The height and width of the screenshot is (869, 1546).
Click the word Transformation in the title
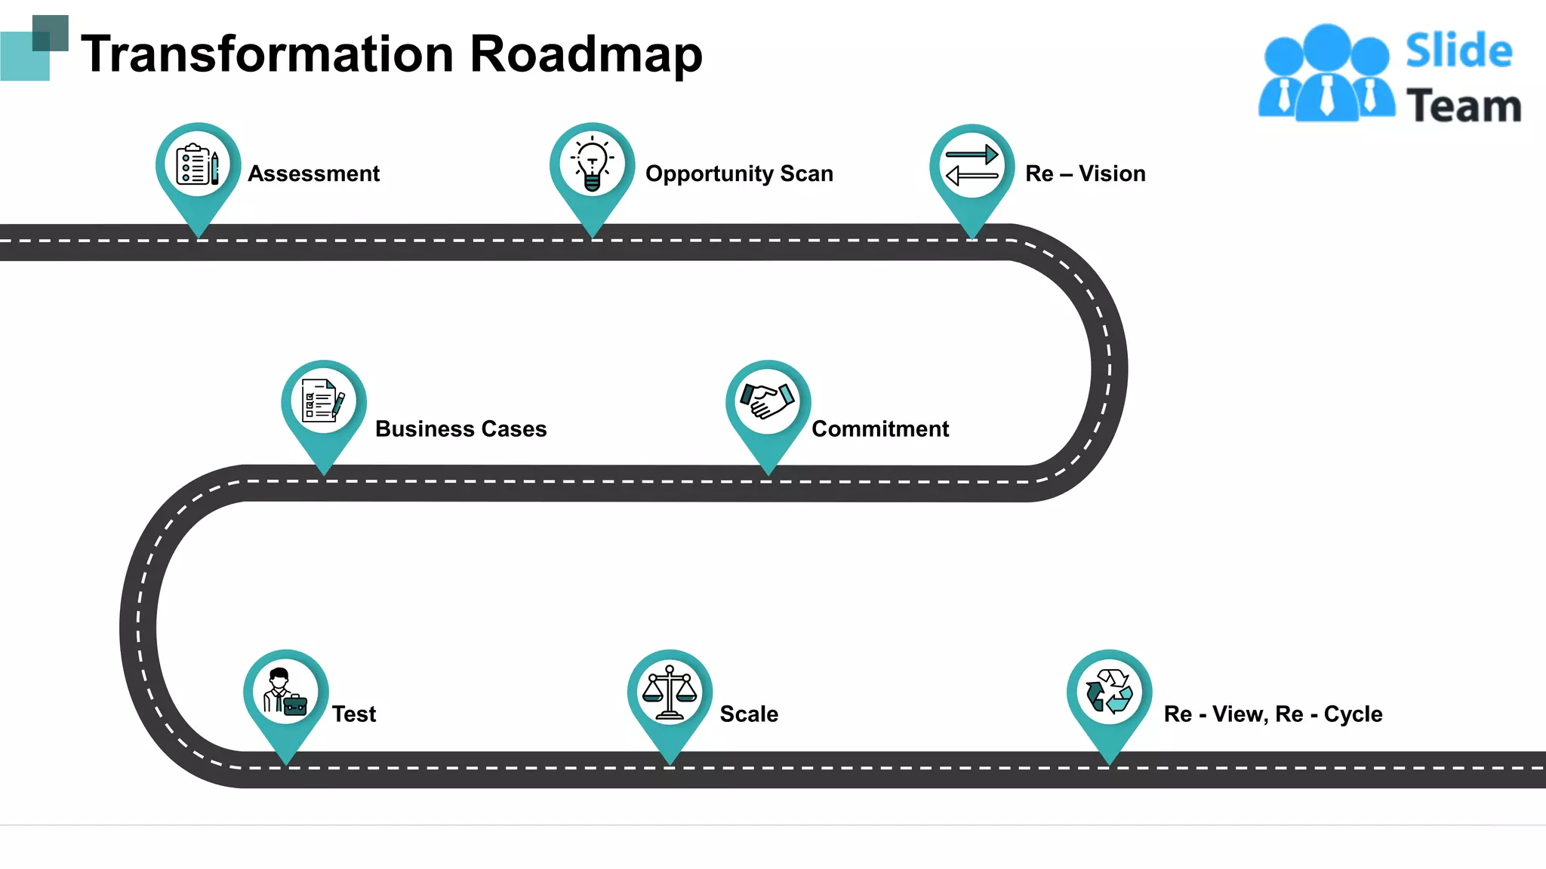tap(267, 54)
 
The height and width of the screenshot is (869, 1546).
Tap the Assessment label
tap(313, 173)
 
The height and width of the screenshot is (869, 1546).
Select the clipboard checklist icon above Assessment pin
tap(198, 164)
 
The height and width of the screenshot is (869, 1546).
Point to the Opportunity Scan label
tap(739, 173)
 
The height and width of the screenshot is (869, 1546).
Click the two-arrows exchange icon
tap(972, 165)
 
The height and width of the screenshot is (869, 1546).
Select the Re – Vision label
tap(1085, 173)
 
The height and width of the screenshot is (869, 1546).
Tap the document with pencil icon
tap(323, 401)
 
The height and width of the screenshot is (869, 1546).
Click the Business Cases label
tap(460, 428)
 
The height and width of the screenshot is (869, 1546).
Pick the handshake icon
tap(768, 401)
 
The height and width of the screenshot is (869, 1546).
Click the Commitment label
tap(880, 428)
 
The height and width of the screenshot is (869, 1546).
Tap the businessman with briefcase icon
tap(285, 691)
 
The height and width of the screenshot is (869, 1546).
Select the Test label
tap(354, 714)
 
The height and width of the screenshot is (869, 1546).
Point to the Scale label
tap(749, 714)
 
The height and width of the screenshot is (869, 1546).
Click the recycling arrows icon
tap(1109, 691)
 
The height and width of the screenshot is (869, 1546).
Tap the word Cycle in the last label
tap(1353, 714)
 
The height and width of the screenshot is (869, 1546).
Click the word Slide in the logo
tap(1458, 51)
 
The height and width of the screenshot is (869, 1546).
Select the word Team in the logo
tap(1464, 106)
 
